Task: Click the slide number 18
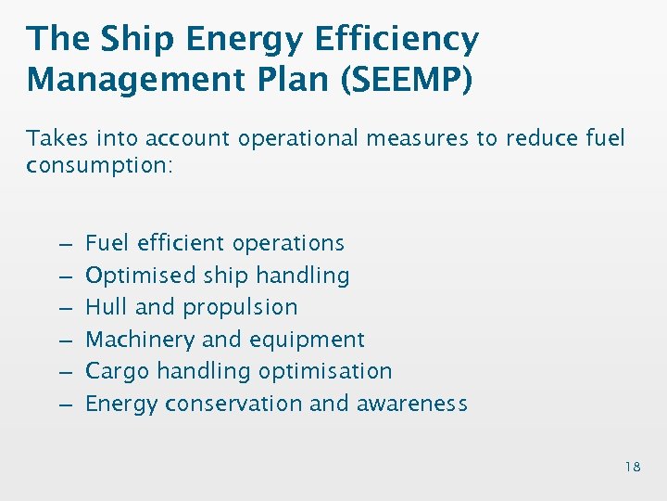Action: coord(632,467)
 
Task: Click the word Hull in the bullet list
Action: coord(107,307)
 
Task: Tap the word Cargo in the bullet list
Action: coord(117,371)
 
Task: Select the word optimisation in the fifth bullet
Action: coord(324,371)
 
